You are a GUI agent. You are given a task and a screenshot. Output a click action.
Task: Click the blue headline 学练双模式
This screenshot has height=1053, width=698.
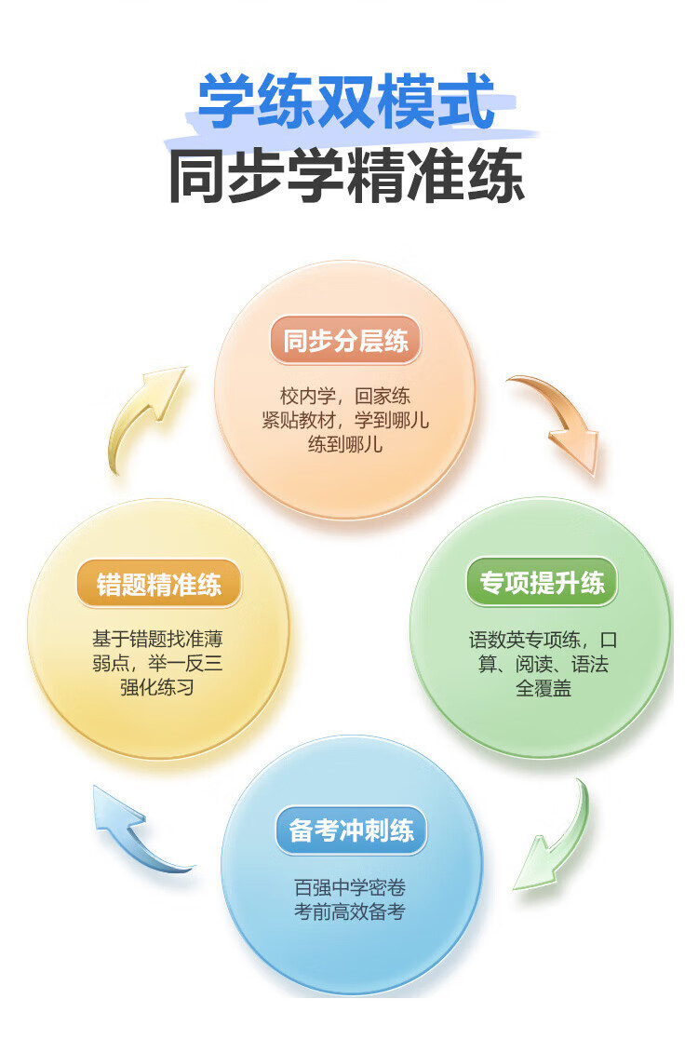click(345, 101)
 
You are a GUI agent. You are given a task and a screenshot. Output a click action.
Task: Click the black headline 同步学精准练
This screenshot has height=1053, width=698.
click(346, 174)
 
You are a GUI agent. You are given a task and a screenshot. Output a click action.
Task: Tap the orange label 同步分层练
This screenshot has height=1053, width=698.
click(346, 341)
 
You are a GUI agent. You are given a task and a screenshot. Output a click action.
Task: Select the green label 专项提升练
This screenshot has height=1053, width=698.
click(542, 584)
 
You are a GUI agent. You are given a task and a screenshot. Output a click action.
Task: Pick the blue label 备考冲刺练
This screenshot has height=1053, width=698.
click(351, 830)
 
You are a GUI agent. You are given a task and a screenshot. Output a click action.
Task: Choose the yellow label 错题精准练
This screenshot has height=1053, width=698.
click(159, 584)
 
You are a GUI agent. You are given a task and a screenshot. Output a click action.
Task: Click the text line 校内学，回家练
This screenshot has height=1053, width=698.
click(345, 396)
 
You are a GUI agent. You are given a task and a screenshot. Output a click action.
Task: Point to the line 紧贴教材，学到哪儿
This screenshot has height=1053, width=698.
click(345, 420)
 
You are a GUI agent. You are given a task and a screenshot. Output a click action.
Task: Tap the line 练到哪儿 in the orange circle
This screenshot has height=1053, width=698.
click(345, 444)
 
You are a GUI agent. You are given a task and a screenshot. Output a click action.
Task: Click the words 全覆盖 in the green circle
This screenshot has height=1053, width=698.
click(543, 689)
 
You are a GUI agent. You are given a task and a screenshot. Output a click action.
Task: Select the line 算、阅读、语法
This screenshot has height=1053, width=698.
click(543, 665)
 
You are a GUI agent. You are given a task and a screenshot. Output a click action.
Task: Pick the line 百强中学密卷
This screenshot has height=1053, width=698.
click(350, 887)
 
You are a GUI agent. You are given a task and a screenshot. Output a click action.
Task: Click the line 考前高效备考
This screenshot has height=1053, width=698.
click(350, 911)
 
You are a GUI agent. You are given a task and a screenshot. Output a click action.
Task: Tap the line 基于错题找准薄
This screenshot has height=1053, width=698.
click(157, 641)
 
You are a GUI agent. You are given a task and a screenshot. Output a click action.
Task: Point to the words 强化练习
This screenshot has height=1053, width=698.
click(157, 689)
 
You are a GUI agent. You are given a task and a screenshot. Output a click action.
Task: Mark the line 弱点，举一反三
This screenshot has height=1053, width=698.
click(157, 665)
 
